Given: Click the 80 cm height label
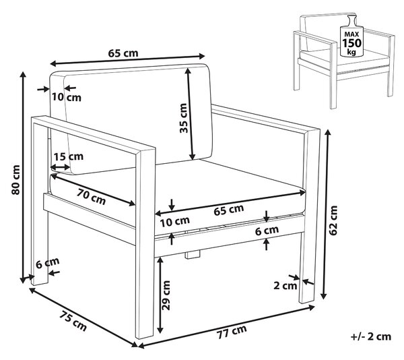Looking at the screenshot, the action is [15, 180].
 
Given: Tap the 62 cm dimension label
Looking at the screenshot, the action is [333, 220].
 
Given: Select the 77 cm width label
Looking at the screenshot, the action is [232, 332].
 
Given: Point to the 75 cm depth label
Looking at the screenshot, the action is [73, 321].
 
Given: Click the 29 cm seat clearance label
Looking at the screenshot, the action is [166, 295].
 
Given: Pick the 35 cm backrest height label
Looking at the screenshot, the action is [183, 118].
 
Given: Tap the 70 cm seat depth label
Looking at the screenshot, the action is [91, 197].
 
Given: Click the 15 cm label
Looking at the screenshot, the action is [69, 156].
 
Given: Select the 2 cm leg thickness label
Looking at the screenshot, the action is [285, 286].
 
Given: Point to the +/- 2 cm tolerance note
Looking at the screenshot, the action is [371, 336].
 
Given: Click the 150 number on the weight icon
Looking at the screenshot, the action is [351, 43].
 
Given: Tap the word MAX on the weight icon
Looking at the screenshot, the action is [351, 34].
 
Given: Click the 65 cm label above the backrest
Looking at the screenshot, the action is [123, 53].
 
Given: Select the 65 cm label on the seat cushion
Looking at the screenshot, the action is [229, 210].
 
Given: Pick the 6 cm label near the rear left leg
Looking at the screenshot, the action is [47, 263].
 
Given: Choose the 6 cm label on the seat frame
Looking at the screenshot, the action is [267, 231].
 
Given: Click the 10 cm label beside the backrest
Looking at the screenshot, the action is [67, 97].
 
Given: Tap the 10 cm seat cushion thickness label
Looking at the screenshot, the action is [175, 222].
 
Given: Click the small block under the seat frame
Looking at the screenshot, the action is [193, 255].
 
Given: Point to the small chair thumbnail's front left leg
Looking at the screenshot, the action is [333, 75].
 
